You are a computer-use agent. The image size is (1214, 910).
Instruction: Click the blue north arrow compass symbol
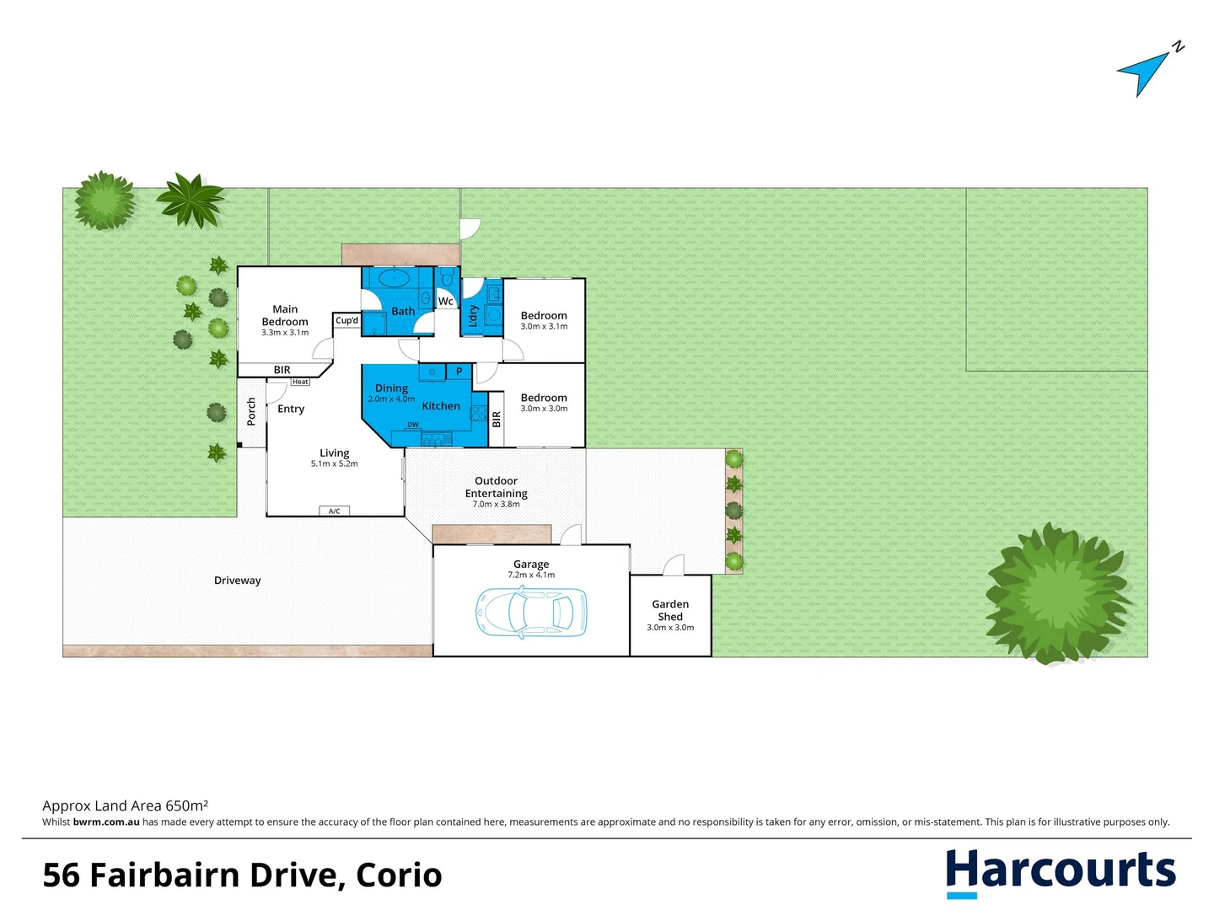click(x=1144, y=72)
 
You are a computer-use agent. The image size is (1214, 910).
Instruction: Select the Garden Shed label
click(x=670, y=610)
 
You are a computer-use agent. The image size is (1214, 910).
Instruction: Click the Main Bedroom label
click(x=285, y=315)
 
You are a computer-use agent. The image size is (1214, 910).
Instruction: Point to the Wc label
click(x=446, y=301)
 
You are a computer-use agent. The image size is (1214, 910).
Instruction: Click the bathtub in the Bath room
click(x=394, y=278)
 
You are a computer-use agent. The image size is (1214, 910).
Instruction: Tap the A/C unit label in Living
click(x=334, y=511)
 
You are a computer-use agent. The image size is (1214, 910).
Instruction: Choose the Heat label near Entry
click(x=300, y=382)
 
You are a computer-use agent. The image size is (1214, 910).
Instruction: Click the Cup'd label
click(x=346, y=320)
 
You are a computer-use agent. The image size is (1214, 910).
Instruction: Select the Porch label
click(x=251, y=411)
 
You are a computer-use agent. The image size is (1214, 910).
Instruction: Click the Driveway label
click(x=238, y=581)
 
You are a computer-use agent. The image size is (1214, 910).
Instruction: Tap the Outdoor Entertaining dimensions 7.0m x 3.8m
click(x=497, y=504)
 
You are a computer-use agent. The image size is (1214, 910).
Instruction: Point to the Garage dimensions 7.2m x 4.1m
click(x=531, y=575)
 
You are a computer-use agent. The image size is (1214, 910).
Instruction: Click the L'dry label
click(x=473, y=315)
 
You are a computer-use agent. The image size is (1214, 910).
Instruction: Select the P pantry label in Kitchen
click(x=459, y=371)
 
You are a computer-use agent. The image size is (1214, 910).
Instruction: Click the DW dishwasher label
click(x=413, y=425)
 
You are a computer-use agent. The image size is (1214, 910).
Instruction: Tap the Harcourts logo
click(x=1060, y=872)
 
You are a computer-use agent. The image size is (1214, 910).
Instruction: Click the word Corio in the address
click(x=399, y=875)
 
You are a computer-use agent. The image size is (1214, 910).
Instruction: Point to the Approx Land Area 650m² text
click(x=126, y=806)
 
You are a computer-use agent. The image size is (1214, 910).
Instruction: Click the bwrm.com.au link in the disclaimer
click(x=106, y=822)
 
